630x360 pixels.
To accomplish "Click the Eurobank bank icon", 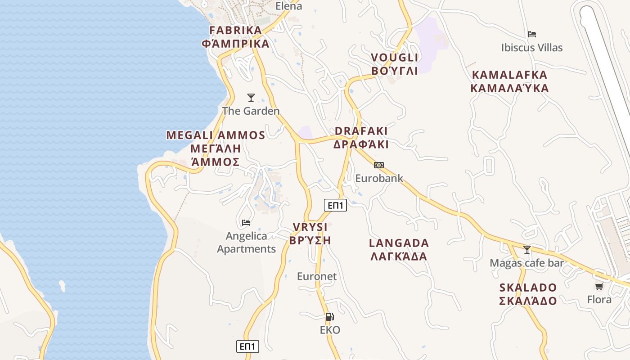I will tap(379, 165).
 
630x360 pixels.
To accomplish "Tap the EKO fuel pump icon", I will tap(329, 317).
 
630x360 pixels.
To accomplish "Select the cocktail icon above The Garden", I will tap(251, 97).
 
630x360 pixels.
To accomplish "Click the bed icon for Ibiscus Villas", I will tap(532, 34).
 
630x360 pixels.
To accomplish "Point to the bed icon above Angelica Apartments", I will tap(246, 222).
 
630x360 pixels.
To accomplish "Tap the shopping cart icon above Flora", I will tap(599, 286).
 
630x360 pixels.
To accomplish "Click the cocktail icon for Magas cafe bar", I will tap(526, 249).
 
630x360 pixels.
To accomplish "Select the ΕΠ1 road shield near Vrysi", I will tap(336, 206).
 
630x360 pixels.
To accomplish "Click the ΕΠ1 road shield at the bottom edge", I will tap(247, 346).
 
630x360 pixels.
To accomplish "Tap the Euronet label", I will tap(317, 276).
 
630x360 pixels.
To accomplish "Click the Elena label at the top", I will tap(288, 6).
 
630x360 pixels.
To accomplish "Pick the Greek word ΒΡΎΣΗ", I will tap(310, 240).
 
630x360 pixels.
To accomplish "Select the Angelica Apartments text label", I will tap(246, 242).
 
